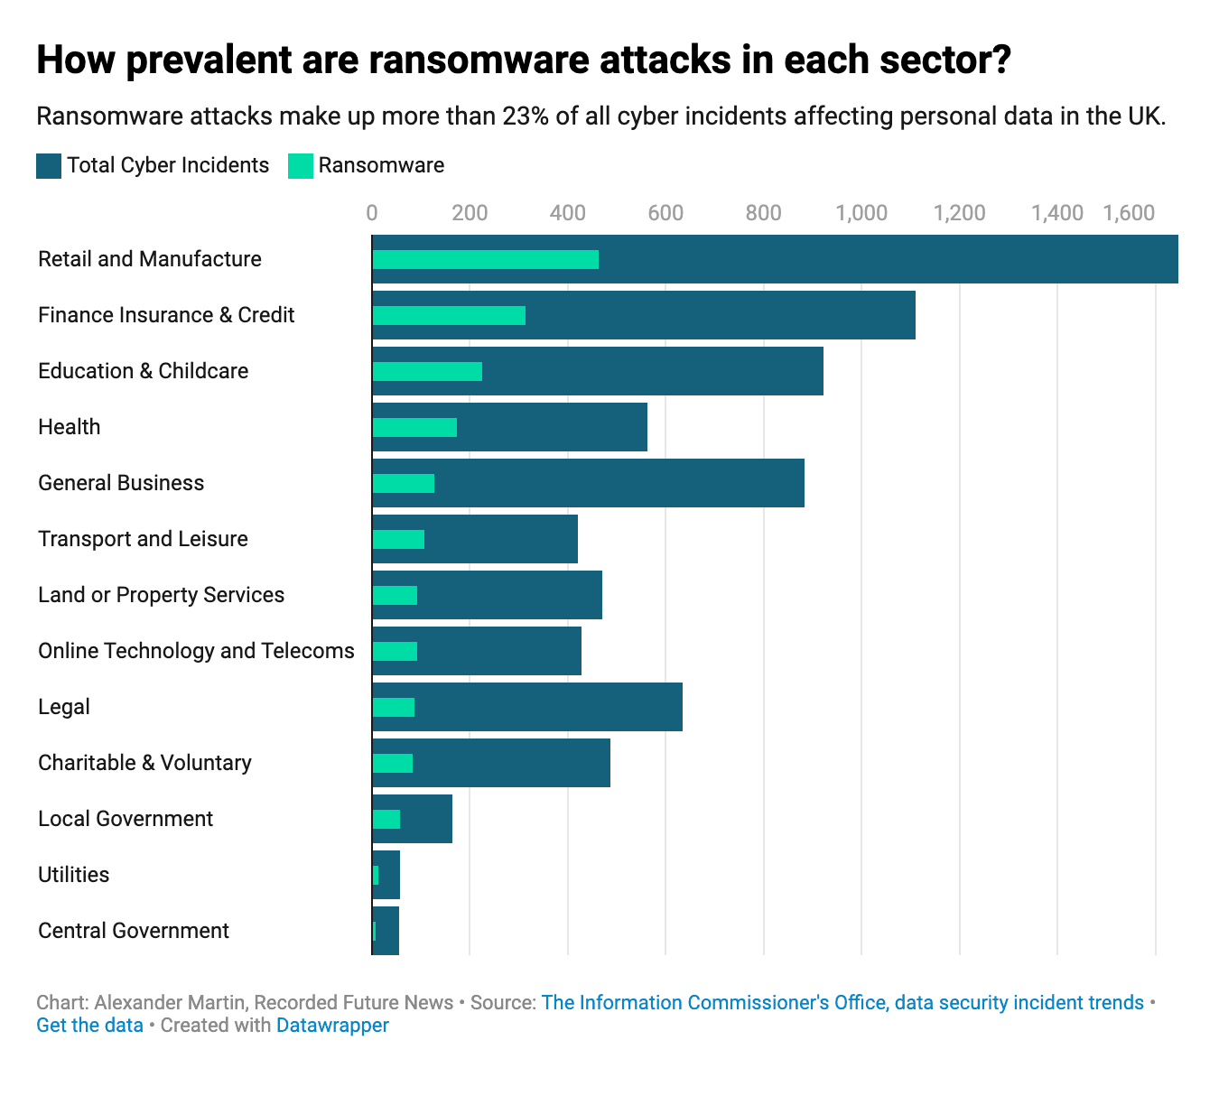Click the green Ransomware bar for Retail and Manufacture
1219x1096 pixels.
pyautogui.click(x=485, y=260)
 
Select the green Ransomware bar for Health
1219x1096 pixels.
pyautogui.click(x=414, y=428)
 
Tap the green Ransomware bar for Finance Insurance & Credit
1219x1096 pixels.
pyautogui.click(x=449, y=316)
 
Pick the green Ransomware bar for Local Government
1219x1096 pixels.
pyautogui.click(x=386, y=819)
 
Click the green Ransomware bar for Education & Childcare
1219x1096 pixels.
pyautogui.click(x=427, y=372)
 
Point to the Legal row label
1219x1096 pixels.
pyautogui.click(x=64, y=707)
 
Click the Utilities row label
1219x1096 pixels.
pyautogui.click(x=73, y=875)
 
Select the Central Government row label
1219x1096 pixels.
pyautogui.click(x=134, y=931)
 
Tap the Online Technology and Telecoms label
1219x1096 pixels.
pyautogui.click(x=196, y=651)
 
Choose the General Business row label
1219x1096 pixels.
pyautogui.click(x=121, y=483)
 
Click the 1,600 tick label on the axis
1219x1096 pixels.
pyautogui.click(x=1129, y=213)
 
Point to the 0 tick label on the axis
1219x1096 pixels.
pyautogui.click(x=372, y=213)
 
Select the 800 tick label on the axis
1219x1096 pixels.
pyautogui.click(x=763, y=213)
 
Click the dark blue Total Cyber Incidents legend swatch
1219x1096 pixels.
pyautogui.click(x=49, y=166)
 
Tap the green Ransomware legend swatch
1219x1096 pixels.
pyautogui.click(x=301, y=166)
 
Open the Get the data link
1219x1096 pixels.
pyautogui.click(x=89, y=1026)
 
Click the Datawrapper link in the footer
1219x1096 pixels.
pyautogui.click(x=332, y=1026)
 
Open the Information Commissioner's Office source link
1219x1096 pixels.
pyautogui.click(x=842, y=1003)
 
